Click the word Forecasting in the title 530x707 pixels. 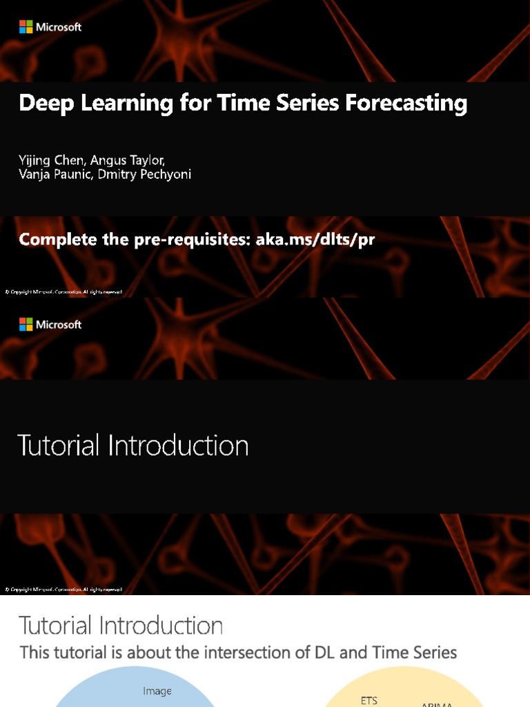click(406, 104)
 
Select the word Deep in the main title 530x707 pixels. click(43, 104)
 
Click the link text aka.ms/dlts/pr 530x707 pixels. click(315, 240)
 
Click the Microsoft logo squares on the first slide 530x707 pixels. click(26, 27)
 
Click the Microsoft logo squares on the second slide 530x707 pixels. click(26, 325)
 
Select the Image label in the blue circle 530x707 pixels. click(157, 691)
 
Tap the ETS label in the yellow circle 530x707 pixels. click(369, 701)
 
